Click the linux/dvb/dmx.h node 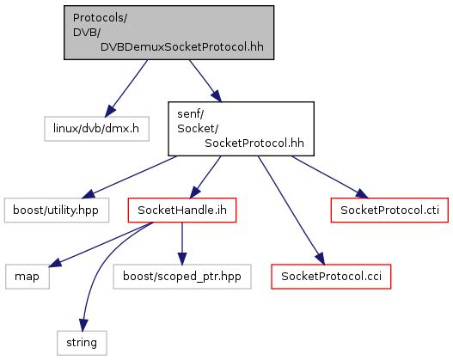click(97, 129)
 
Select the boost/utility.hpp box click(57, 211)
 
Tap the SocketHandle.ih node click(182, 211)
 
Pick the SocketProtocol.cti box click(389, 211)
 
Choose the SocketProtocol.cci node click(331, 277)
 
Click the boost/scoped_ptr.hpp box click(182, 277)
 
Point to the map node click(28, 277)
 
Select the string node click(82, 343)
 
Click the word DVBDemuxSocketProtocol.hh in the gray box click(182, 47)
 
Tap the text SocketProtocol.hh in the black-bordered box click(254, 143)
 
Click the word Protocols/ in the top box click(100, 18)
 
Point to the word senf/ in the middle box click(190, 114)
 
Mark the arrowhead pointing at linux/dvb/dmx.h click(110, 111)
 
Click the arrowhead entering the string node click(83, 325)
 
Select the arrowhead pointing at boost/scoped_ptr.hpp click(182, 259)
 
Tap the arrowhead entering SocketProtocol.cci click(320, 259)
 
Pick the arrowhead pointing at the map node click(55, 263)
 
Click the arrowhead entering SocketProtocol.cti click(362, 194)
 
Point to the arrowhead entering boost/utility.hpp click(89, 194)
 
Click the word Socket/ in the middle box click(198, 129)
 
